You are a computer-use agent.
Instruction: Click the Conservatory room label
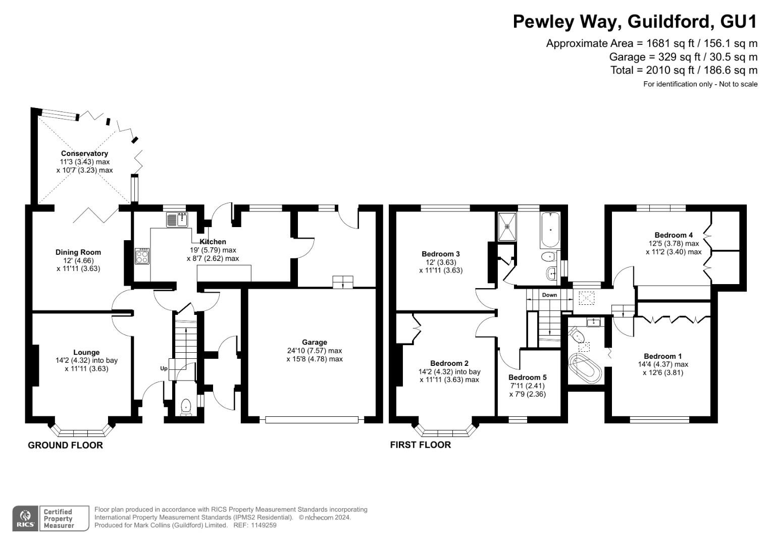click(84, 153)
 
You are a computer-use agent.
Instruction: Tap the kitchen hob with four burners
click(142, 256)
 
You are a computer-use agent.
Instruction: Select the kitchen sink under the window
click(177, 220)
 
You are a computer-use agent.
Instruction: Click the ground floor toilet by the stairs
click(186, 407)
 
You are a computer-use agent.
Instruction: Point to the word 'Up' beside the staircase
click(164, 368)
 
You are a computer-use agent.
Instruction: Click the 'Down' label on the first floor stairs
click(549, 295)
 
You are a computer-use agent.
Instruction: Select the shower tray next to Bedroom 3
click(507, 227)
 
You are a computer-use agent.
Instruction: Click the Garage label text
click(314, 342)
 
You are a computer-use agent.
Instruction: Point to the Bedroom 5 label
click(527, 377)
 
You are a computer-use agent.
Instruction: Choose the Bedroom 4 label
click(674, 235)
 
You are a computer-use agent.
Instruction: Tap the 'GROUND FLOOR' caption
click(66, 445)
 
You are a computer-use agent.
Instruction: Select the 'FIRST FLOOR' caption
click(420, 445)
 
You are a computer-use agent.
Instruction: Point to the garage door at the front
click(312, 420)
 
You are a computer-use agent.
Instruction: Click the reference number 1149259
click(264, 525)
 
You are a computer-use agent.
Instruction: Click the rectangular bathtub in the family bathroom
click(550, 230)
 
